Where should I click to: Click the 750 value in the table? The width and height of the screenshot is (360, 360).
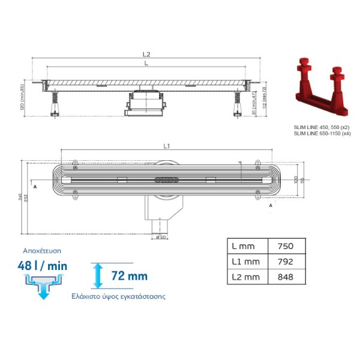tap(286, 246)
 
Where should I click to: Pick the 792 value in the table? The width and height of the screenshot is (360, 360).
tap(286, 262)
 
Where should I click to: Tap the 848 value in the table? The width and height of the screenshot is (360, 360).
tap(286, 277)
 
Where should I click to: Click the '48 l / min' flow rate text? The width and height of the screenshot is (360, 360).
tap(42, 266)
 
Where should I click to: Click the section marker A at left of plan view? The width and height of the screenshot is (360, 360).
tap(35, 187)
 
